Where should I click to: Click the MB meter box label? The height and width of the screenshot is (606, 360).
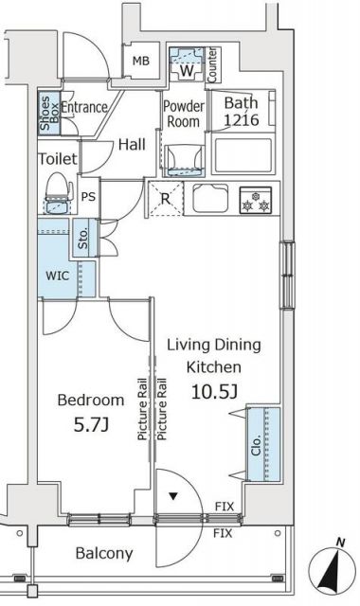click(x=141, y=61)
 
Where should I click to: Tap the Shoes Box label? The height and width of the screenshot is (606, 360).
click(x=49, y=113)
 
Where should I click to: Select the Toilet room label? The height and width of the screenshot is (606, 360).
click(x=58, y=158)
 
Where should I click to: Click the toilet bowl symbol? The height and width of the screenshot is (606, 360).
click(x=59, y=192)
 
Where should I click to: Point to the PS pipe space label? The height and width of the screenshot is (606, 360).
click(x=88, y=196)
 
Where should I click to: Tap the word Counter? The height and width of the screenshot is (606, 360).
click(x=212, y=64)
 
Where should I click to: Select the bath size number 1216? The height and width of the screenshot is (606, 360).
click(x=242, y=120)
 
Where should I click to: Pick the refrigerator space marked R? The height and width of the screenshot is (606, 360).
click(x=166, y=199)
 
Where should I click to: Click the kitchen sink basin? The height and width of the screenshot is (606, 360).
click(x=210, y=198)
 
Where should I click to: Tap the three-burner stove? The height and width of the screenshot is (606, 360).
click(x=256, y=200)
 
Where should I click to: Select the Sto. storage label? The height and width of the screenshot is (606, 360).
click(x=83, y=238)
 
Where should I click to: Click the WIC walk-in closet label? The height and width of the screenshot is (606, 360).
click(x=57, y=276)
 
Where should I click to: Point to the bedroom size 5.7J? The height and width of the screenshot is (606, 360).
click(x=91, y=425)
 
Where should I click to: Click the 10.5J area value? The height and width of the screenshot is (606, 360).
click(x=214, y=392)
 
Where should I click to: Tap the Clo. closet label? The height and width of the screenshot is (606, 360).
click(x=256, y=445)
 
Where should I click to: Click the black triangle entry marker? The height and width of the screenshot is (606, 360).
click(x=172, y=496)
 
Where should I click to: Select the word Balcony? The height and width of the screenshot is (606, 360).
click(x=104, y=553)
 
